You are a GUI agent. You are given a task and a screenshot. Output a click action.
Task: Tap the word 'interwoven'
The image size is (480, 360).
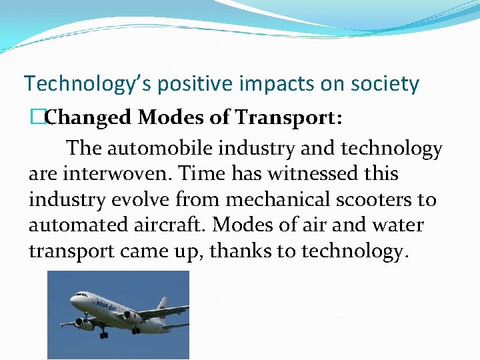click(x=119, y=174)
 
